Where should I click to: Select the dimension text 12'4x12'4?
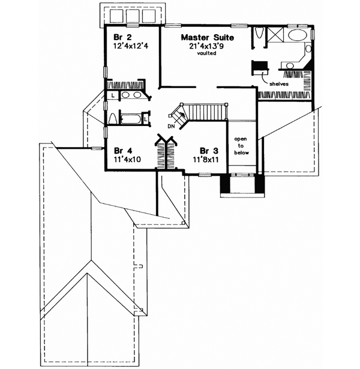pos(130,45)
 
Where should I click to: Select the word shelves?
pos(279,85)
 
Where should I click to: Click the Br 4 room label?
pos(122,151)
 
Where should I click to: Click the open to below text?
pos(240,145)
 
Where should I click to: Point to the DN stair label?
pos(171,127)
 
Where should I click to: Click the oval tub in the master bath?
pos(297,36)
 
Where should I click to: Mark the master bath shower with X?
pos(278,36)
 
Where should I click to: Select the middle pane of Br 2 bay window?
pos(133,14)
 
